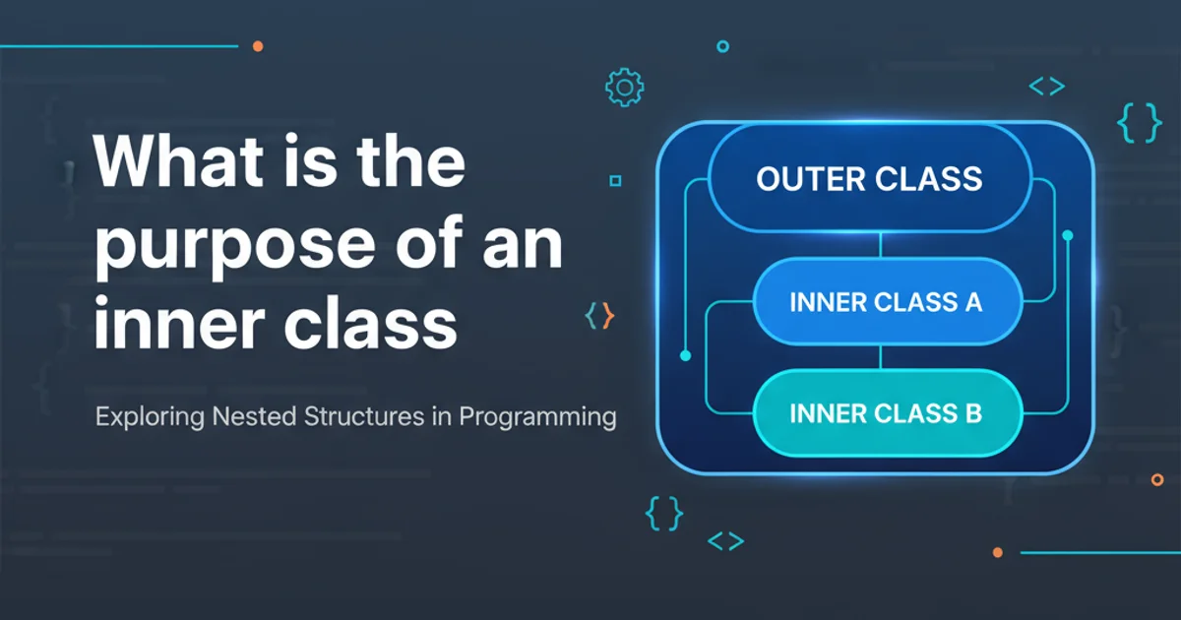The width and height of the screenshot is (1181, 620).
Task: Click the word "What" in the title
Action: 178,160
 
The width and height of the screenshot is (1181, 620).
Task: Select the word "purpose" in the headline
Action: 235,247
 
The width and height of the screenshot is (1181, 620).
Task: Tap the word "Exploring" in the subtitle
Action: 150,417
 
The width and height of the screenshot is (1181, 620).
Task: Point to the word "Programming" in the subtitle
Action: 537,417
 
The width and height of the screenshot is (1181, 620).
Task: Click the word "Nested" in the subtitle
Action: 254,416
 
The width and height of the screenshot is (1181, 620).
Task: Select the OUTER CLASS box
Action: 869,178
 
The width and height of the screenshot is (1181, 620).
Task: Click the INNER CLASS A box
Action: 888,301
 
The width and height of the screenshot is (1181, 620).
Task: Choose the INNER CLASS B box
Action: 888,412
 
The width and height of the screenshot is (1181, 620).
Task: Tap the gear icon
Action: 624,88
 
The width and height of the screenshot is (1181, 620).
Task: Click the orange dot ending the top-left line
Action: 258,46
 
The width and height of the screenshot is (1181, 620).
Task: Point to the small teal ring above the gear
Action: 722,46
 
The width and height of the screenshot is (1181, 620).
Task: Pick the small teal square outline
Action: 615,181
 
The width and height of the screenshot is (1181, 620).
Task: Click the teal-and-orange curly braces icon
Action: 599,316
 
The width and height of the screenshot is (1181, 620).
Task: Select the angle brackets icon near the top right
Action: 1047,86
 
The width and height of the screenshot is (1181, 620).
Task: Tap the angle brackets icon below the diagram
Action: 726,541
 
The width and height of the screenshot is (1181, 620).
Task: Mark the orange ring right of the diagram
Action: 1157,480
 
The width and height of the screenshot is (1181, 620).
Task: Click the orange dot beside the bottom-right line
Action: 998,552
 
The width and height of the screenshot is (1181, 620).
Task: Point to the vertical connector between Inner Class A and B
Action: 881,357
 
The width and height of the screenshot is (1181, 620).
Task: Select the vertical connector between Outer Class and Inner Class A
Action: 881,245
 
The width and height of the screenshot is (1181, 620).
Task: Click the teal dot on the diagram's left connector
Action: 685,356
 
